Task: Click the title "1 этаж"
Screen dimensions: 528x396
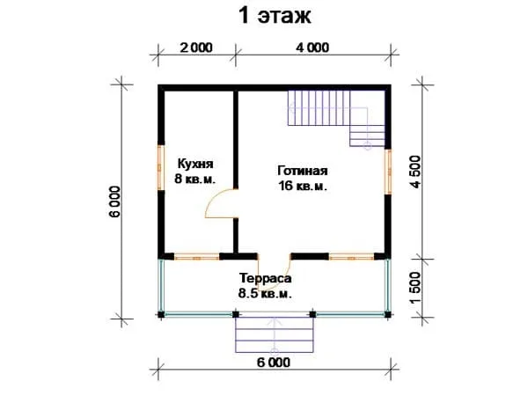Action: pyautogui.click(x=275, y=16)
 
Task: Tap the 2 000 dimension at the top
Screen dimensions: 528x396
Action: pyautogui.click(x=196, y=48)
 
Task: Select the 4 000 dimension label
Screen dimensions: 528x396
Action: pyautogui.click(x=312, y=48)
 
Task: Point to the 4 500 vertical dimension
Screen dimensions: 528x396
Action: pyautogui.click(x=415, y=172)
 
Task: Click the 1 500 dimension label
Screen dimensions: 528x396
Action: pyautogui.click(x=415, y=287)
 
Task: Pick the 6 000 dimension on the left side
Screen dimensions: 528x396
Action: pyautogui.click(x=114, y=202)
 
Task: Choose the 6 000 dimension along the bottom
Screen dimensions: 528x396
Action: pyautogui.click(x=274, y=363)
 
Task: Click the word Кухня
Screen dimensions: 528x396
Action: pyautogui.click(x=195, y=164)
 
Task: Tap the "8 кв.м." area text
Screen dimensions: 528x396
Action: pyautogui.click(x=195, y=179)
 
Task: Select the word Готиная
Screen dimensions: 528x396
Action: pyautogui.click(x=303, y=171)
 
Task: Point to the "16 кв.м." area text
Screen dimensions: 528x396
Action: pyautogui.click(x=303, y=186)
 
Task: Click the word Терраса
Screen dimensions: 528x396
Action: pyautogui.click(x=266, y=278)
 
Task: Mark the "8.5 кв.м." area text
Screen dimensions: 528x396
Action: pyautogui.click(x=265, y=293)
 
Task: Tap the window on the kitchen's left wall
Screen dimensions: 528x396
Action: pyautogui.click(x=161, y=167)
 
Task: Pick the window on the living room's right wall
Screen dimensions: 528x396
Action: pyautogui.click(x=388, y=172)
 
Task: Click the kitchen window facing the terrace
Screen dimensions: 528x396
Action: pyautogui.click(x=196, y=257)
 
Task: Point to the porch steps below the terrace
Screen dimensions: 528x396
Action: pyautogui.click(x=275, y=334)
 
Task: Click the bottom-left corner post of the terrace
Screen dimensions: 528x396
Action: pyautogui.click(x=161, y=314)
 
